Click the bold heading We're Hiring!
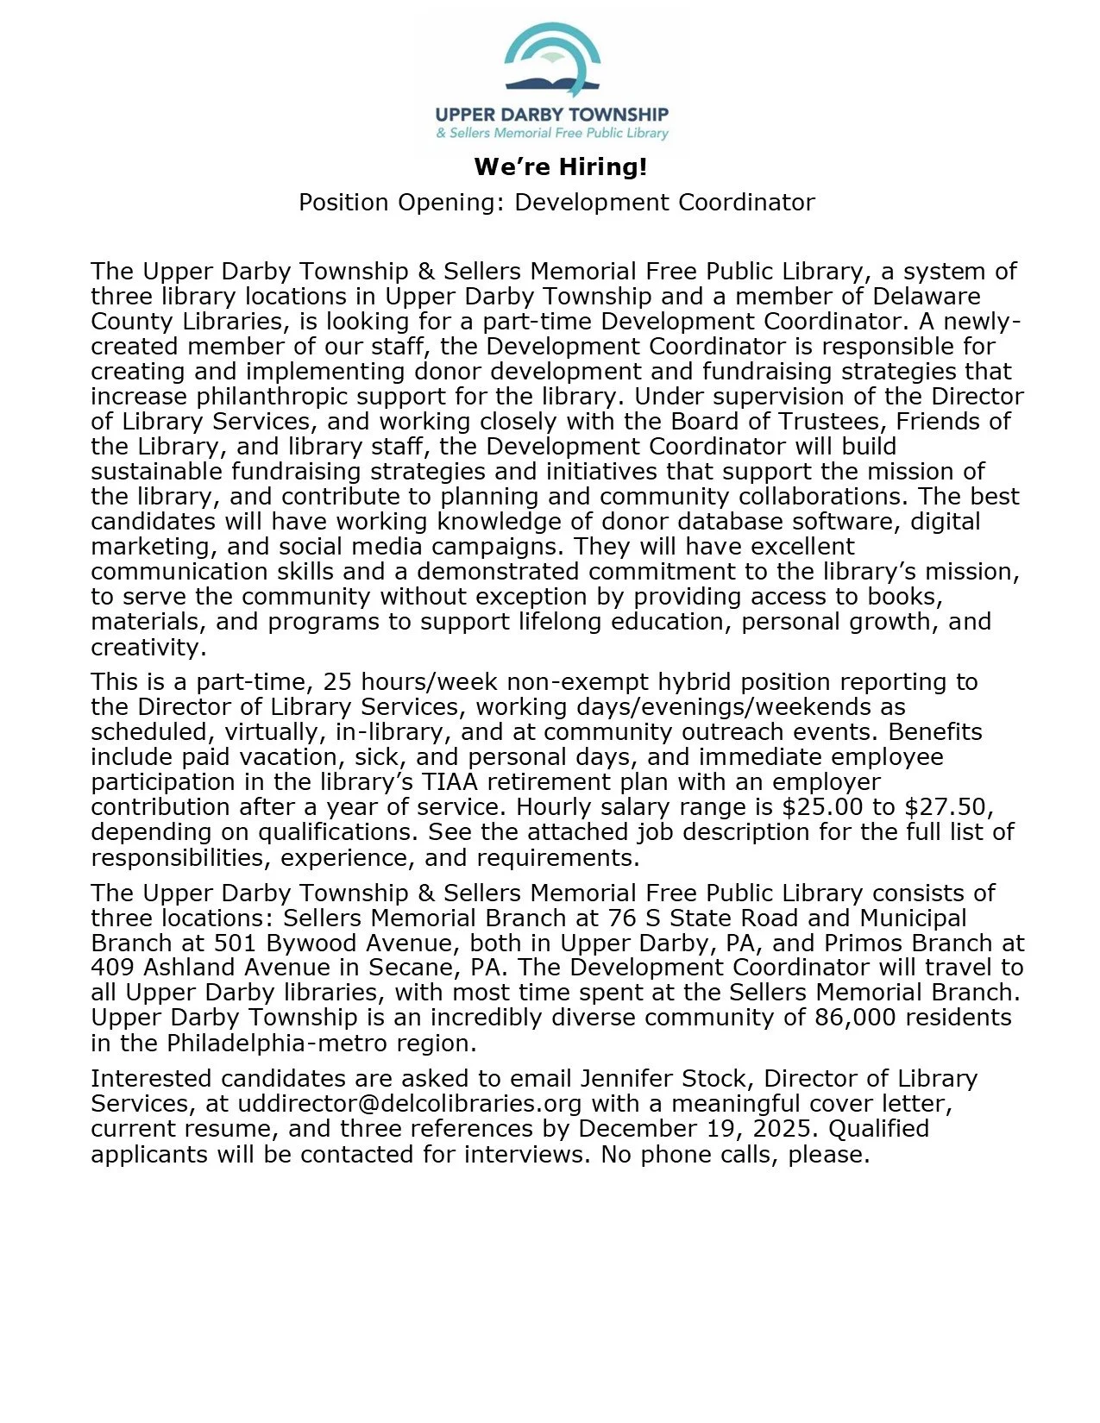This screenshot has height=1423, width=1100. pos(560,166)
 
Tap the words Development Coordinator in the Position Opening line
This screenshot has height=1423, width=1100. pos(664,203)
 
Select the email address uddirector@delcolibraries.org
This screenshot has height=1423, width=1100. pos(410,1104)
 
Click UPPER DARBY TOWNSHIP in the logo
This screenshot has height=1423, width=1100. pos(551,114)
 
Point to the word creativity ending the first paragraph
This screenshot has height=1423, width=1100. pos(145,647)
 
